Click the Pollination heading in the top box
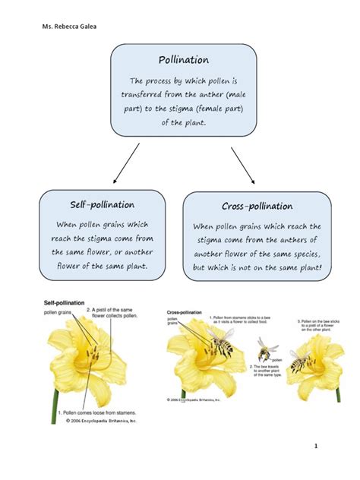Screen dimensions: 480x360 coord(184,60)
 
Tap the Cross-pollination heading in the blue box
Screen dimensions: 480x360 coord(257,207)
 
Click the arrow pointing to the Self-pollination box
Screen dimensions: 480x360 coord(126,163)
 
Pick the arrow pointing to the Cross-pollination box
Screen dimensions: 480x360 coord(242,164)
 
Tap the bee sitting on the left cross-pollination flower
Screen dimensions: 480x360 coord(221,346)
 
